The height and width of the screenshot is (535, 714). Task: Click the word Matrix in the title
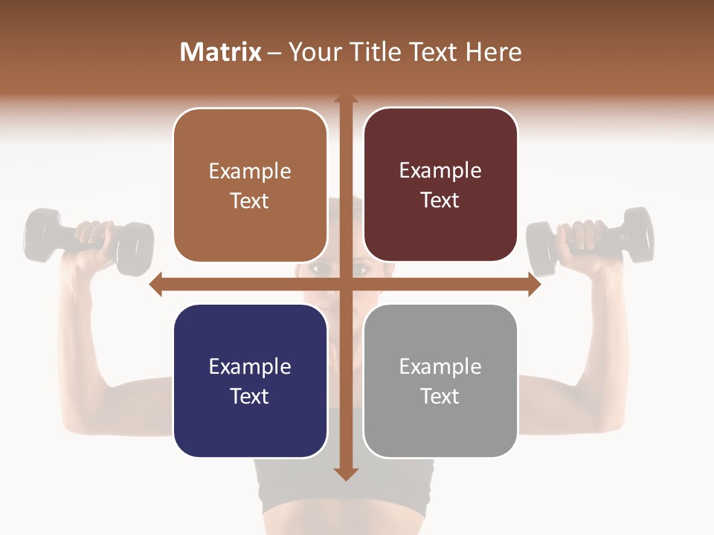pyautogui.click(x=221, y=52)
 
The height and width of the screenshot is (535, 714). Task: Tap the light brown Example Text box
pyautogui.click(x=250, y=186)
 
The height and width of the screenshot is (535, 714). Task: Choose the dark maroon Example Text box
pyautogui.click(x=440, y=185)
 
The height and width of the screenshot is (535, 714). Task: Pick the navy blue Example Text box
pyautogui.click(x=250, y=381)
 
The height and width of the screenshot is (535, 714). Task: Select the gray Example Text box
pyautogui.click(x=440, y=381)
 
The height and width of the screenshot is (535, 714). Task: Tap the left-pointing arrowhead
pyautogui.click(x=155, y=285)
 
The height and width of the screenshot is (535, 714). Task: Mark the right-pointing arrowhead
pyautogui.click(x=535, y=285)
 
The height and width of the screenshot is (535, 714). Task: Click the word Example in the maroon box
pyautogui.click(x=440, y=171)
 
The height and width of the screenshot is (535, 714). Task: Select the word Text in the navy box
pyautogui.click(x=250, y=396)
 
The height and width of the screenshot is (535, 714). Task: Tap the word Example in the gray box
pyautogui.click(x=440, y=366)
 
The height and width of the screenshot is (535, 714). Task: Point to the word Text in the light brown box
pyautogui.click(x=250, y=201)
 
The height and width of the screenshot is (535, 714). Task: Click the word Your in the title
pyautogui.click(x=313, y=52)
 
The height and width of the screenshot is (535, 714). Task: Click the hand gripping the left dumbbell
pyautogui.click(x=97, y=238)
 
